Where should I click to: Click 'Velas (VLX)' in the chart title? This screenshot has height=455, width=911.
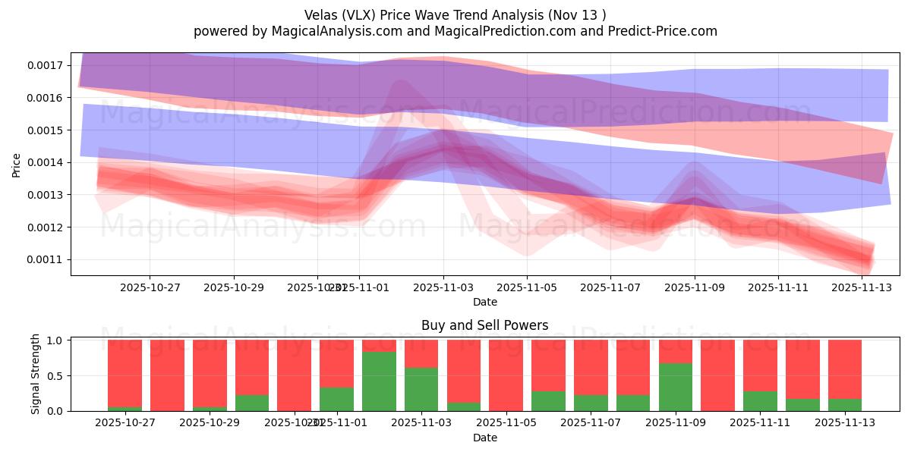[x=339, y=15]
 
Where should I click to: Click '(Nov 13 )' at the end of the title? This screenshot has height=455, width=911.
[x=578, y=15]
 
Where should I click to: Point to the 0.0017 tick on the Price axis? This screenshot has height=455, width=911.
[x=46, y=65]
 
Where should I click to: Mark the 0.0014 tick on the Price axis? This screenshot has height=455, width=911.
[x=46, y=162]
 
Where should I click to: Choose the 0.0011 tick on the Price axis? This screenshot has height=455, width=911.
[x=46, y=260]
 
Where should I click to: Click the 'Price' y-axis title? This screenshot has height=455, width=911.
[x=17, y=165]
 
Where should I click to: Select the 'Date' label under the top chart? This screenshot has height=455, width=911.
[x=485, y=302]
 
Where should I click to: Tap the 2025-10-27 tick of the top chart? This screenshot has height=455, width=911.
[x=150, y=287]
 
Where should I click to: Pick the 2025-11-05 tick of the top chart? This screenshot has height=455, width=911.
[x=527, y=287]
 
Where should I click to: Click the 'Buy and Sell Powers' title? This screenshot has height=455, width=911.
[x=485, y=325]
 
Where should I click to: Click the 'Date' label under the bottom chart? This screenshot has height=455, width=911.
[x=485, y=438]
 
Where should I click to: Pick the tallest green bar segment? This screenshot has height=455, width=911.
[x=379, y=381]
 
